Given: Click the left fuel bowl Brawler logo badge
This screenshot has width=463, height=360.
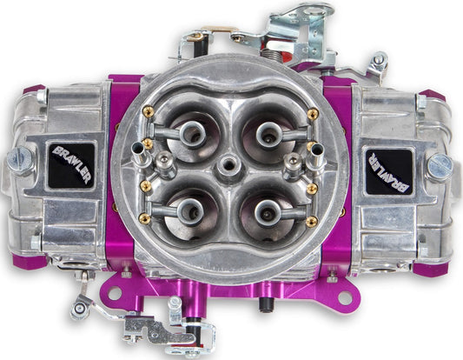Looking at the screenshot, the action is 71,165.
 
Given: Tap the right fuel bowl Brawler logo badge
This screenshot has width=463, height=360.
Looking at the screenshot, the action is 389,171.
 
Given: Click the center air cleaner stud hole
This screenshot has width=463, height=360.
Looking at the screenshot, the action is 228,165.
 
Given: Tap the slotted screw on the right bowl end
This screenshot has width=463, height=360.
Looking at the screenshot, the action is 440,168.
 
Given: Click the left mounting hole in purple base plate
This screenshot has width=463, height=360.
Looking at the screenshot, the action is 115,293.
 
